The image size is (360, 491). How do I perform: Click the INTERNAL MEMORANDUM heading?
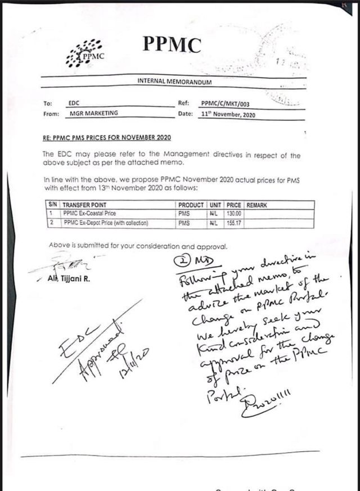[174, 82]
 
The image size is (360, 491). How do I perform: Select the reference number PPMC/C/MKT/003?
[224, 103]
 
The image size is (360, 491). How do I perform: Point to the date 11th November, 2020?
[228, 114]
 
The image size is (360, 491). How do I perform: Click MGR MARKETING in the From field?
[94, 114]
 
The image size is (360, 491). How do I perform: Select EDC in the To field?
[74, 103]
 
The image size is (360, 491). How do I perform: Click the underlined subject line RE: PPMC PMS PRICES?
[106, 138]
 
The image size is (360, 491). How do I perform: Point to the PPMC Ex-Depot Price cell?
[105, 223]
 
